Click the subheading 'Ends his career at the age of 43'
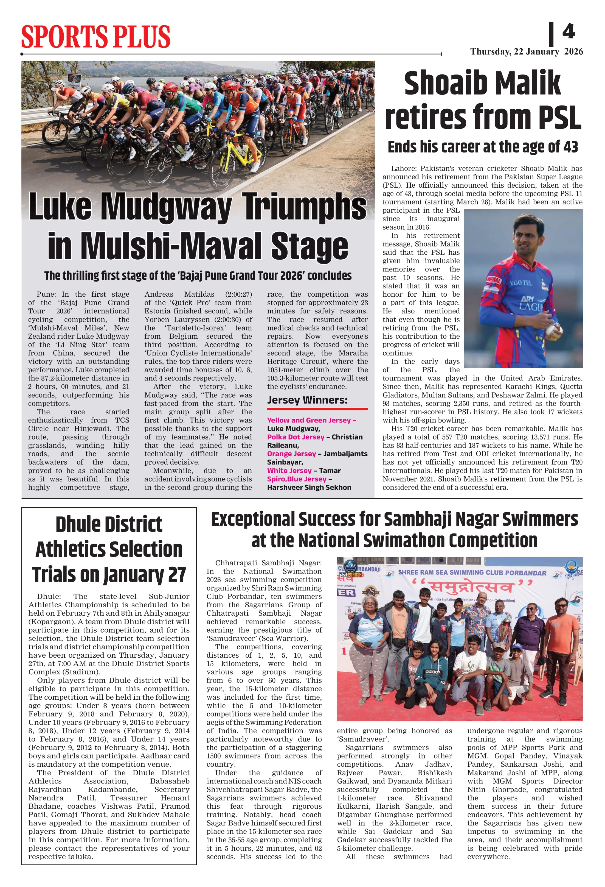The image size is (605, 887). click(483, 147)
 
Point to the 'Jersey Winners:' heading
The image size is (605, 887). click(307, 400)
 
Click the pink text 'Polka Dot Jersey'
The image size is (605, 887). click(296, 437)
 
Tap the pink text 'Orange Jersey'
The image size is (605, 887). click(292, 454)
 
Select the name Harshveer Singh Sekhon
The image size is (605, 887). click(309, 487)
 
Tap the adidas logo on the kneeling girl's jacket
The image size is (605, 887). click(433, 672)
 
